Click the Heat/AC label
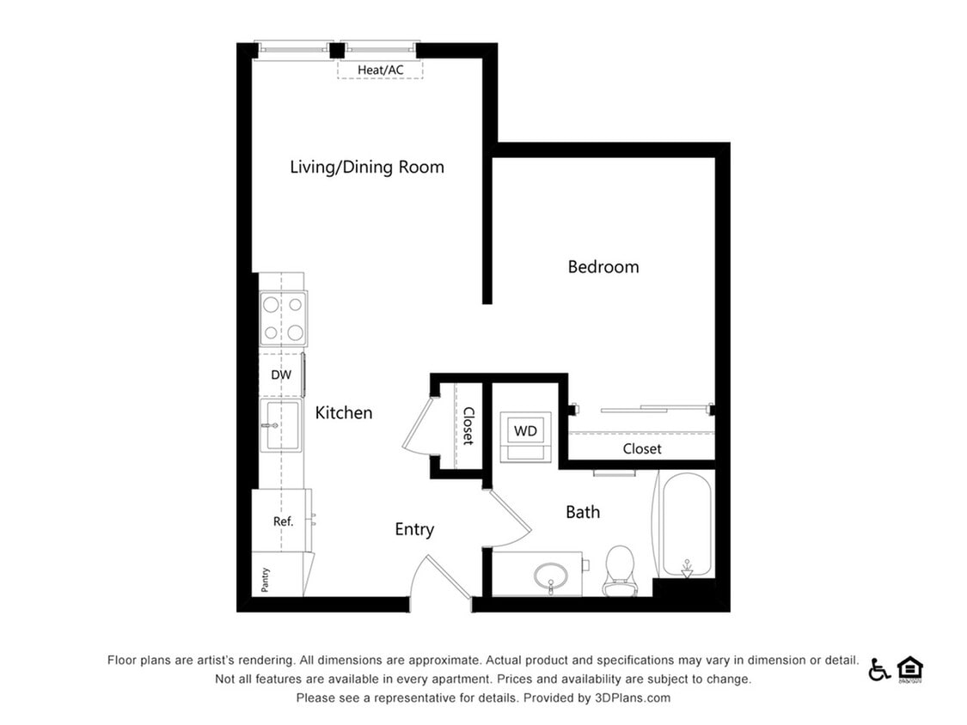380,69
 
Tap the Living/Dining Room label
367,167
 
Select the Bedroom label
603,267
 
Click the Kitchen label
344,413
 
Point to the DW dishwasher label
281,375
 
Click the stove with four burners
284,318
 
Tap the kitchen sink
281,424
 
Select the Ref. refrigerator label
284,521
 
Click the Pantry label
266,581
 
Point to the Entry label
414,530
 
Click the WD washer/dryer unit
525,430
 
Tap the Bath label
583,513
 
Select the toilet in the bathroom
620,570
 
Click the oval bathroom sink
550,574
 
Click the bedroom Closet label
642,449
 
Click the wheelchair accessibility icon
878,670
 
